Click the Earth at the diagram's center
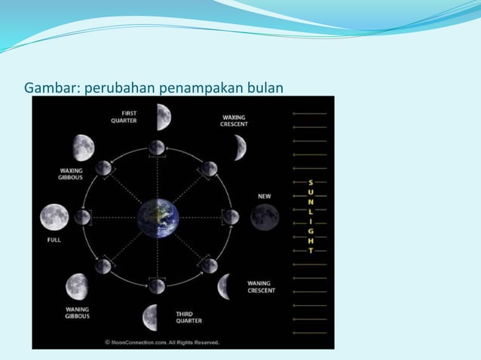[158, 218]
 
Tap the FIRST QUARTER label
[124, 117]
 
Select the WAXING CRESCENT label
[234, 121]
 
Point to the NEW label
[264, 197]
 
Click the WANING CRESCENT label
[261, 287]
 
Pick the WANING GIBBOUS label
[77, 313]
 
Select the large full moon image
[54, 218]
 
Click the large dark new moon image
[265, 218]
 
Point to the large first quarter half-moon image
[164, 117]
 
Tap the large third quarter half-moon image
[151, 317]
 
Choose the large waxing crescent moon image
[239, 147]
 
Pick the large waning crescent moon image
[225, 287]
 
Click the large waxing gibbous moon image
[83, 148]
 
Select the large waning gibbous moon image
[77, 286]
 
